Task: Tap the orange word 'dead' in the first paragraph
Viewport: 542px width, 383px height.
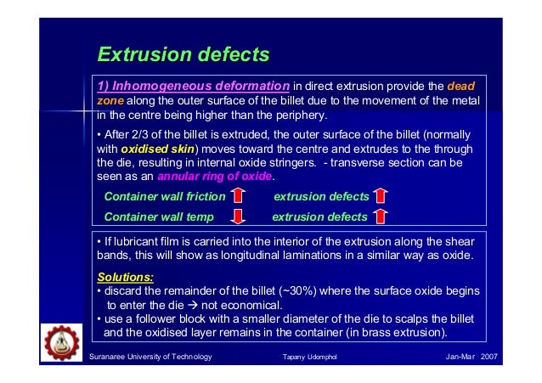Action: [460, 86]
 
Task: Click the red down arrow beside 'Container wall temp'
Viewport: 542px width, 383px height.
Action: [240, 217]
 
